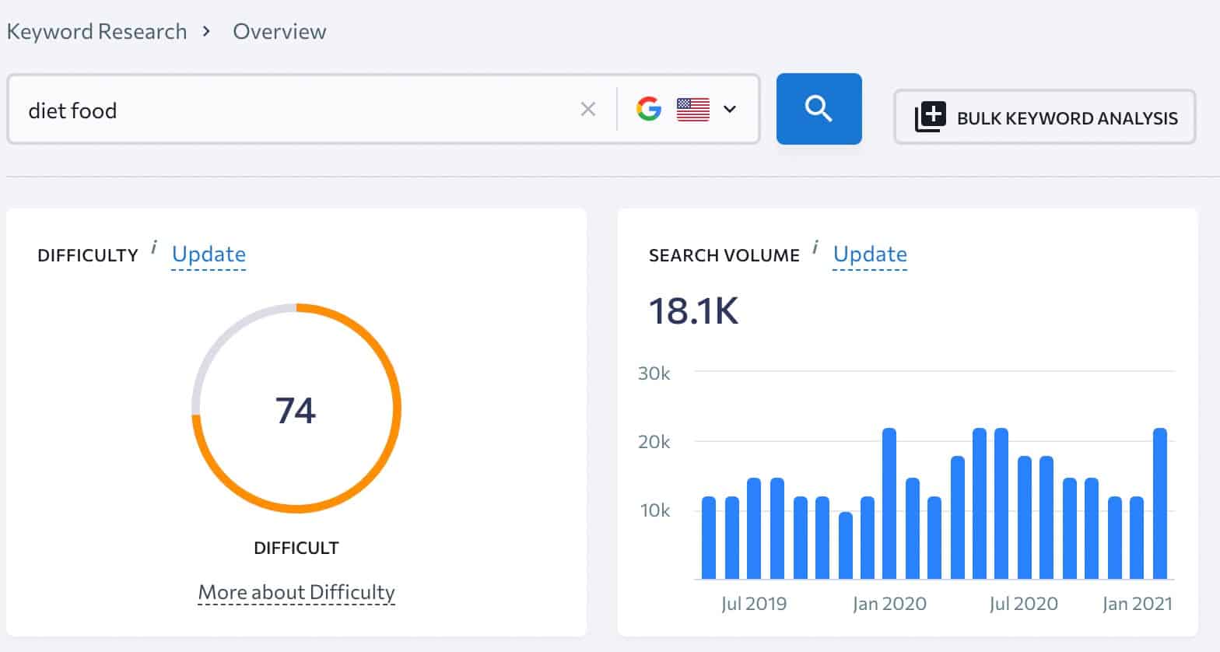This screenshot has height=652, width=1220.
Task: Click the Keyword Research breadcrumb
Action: coord(96,32)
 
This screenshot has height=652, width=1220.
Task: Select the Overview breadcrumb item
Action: coord(279,32)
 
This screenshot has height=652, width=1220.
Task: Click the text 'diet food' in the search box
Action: coord(72,110)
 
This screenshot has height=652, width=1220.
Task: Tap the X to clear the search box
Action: coord(588,110)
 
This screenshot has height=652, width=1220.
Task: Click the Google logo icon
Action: coord(648,109)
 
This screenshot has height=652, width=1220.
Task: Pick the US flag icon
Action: coord(692,109)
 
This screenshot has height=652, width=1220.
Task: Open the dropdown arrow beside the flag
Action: coord(730,109)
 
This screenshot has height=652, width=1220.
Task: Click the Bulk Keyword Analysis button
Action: coord(1044,117)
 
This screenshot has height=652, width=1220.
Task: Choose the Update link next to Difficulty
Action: coord(209,254)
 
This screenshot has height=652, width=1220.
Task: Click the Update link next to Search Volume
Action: coord(870,254)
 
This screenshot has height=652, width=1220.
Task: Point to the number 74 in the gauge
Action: coord(296,410)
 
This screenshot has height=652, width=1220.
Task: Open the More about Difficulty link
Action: coord(296,593)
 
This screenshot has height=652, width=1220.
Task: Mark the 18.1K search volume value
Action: coord(693,310)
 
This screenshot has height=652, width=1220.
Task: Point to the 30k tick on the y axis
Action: coord(654,373)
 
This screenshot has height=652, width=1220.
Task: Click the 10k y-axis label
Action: coord(654,510)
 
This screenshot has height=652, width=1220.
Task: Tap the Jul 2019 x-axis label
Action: coord(754,604)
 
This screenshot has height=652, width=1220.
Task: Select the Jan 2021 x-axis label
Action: coord(1137,604)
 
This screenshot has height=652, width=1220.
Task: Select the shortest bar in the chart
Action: coord(846,545)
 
